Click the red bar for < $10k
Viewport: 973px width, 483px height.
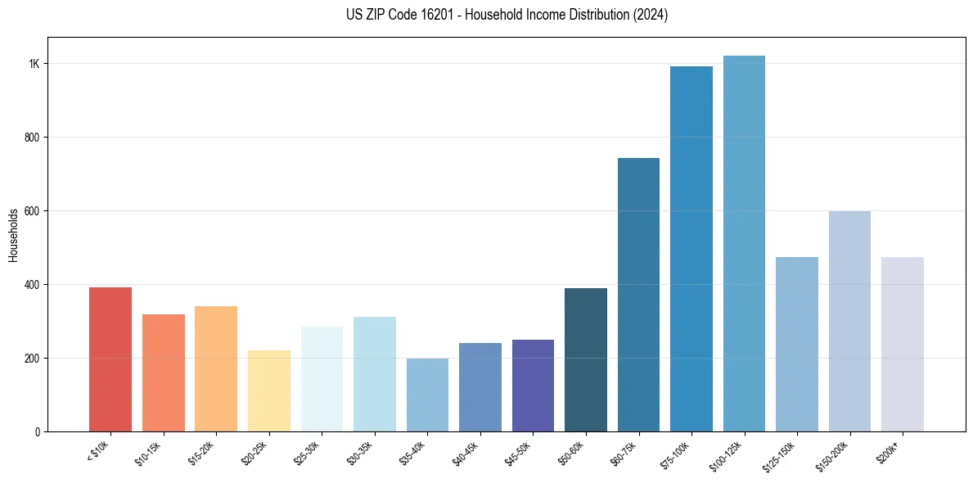pos(110,359)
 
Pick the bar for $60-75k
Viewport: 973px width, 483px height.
pos(638,295)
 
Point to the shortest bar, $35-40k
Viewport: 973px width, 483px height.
pos(427,395)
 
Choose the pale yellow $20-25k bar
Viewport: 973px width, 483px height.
pos(269,390)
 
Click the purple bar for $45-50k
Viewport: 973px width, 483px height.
pos(533,386)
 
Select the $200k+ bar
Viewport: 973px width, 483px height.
pos(903,344)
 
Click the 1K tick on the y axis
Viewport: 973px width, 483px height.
pos(34,64)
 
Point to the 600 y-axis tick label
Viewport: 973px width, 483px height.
pos(32,210)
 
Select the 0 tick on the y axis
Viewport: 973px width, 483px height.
pos(38,431)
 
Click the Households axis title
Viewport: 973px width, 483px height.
pos(14,235)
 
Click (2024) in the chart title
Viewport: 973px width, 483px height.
pos(651,15)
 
